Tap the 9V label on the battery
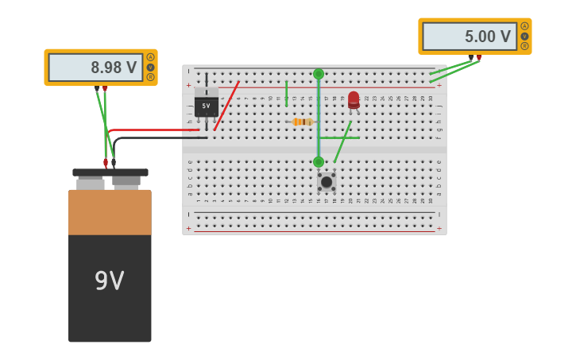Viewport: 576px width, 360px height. pyautogui.click(x=110, y=281)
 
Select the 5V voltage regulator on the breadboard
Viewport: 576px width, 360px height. pyautogui.click(x=207, y=104)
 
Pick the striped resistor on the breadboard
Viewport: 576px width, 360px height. pyautogui.click(x=302, y=122)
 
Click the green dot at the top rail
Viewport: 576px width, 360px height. pyautogui.click(x=319, y=74)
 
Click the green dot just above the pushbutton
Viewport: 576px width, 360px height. pyautogui.click(x=319, y=162)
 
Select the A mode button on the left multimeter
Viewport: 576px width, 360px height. pyautogui.click(x=150, y=57)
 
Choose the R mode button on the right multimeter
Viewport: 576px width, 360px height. pyautogui.click(x=524, y=46)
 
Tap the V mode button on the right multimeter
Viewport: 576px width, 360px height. pyautogui.click(x=524, y=36)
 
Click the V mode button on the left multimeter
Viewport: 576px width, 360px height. pyautogui.click(x=150, y=68)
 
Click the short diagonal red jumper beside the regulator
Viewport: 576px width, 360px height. pyautogui.click(x=226, y=106)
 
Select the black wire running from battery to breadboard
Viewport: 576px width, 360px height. pyautogui.click(x=159, y=138)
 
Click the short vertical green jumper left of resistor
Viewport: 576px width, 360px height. pyautogui.click(x=286, y=93)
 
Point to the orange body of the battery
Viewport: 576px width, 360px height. pyautogui.click(x=110, y=212)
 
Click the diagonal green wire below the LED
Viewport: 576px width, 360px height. pyautogui.click(x=342, y=141)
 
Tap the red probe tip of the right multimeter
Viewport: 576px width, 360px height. pyautogui.click(x=478, y=58)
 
